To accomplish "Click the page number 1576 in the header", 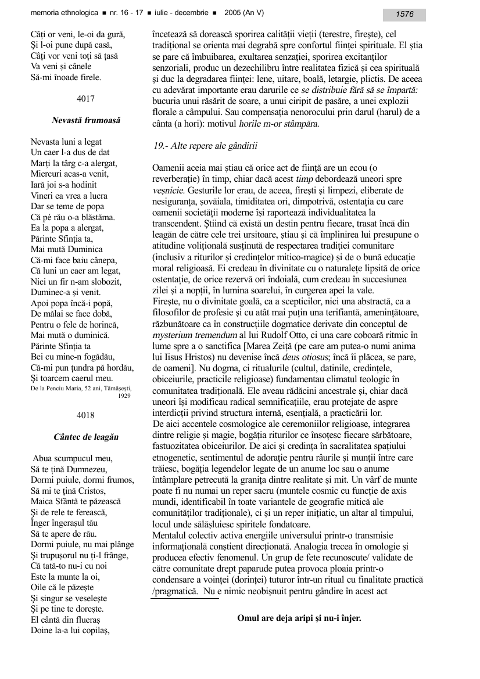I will pyautogui.click(x=404, y=15).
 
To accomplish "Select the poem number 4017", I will pyautogui.click(x=85, y=99).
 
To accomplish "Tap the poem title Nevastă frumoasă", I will pyautogui.click(x=85, y=120).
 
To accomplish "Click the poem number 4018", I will pyautogui.click(x=85, y=415).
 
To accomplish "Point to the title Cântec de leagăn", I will pyautogui.click(x=85, y=436).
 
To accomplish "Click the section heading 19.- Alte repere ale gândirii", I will pyautogui.click(x=201, y=145).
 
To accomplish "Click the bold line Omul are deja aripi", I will pyautogui.click(x=299, y=618).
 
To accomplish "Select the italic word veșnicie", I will pyautogui.click(x=168, y=190).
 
